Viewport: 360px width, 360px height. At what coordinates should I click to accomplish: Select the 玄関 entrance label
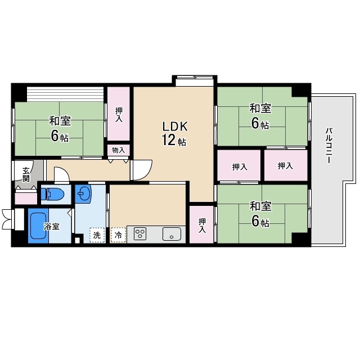(26, 174)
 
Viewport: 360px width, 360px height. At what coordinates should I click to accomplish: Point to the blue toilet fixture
(53, 195)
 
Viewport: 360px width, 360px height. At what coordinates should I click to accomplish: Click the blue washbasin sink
(84, 194)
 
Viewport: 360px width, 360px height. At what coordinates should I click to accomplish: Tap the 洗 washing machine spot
(97, 235)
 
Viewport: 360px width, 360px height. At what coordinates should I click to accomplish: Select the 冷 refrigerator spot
(118, 235)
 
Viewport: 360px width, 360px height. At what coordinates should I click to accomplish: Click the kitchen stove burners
(140, 234)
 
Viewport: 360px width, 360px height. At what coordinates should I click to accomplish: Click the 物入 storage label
(118, 150)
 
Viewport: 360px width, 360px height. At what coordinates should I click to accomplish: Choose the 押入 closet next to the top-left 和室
(119, 115)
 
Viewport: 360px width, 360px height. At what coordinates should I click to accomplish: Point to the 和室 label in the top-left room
(59, 121)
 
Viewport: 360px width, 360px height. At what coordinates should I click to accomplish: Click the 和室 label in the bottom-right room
(260, 206)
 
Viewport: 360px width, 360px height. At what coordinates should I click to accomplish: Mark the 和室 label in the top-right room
(260, 108)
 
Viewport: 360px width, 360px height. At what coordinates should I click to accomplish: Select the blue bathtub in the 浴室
(38, 226)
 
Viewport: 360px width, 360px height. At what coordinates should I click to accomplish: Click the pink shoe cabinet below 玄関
(26, 197)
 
